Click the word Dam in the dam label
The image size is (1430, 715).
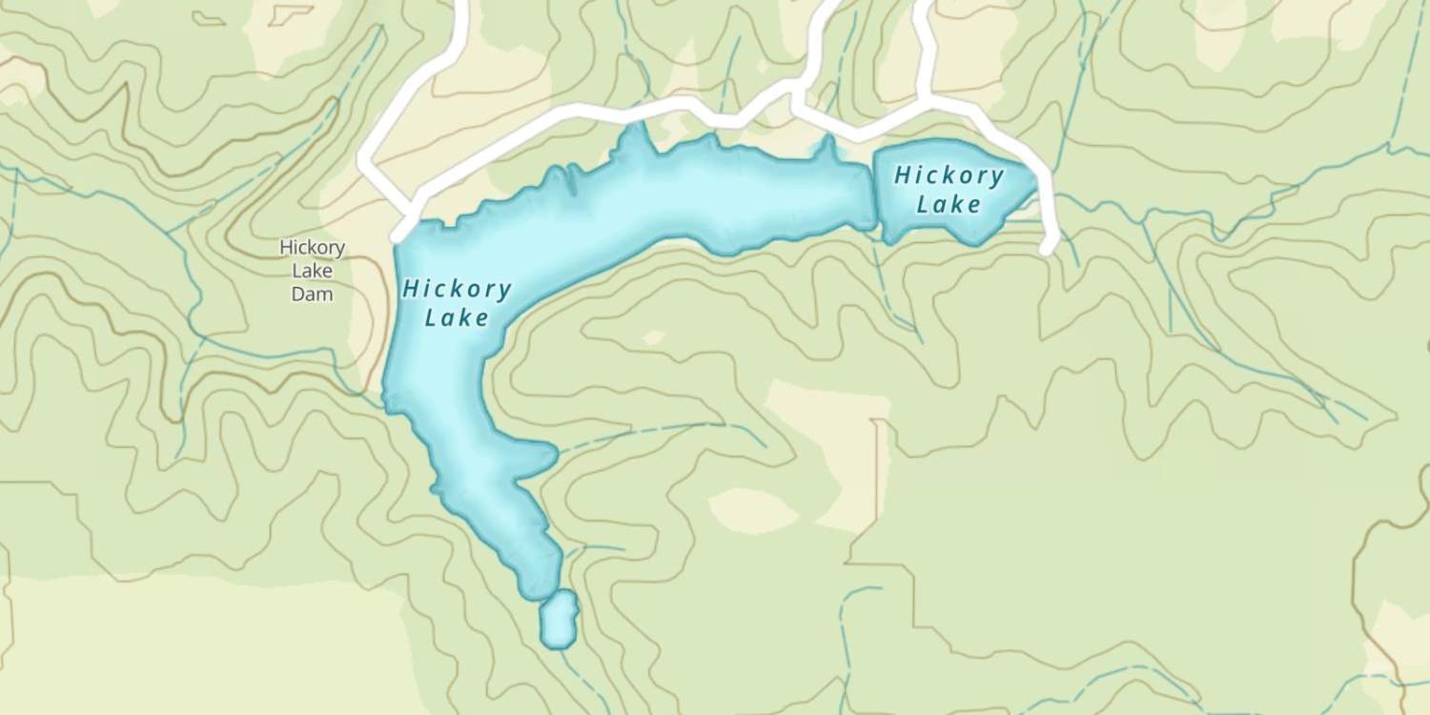point(312,295)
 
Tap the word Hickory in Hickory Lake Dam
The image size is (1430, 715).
point(312,248)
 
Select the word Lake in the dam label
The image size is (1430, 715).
point(312,272)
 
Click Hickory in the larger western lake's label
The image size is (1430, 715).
point(458,289)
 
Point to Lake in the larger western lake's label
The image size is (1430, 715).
point(457,317)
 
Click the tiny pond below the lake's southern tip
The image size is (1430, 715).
point(558,620)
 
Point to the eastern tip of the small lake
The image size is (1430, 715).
point(1035,177)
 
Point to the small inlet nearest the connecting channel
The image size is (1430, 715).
point(827,148)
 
